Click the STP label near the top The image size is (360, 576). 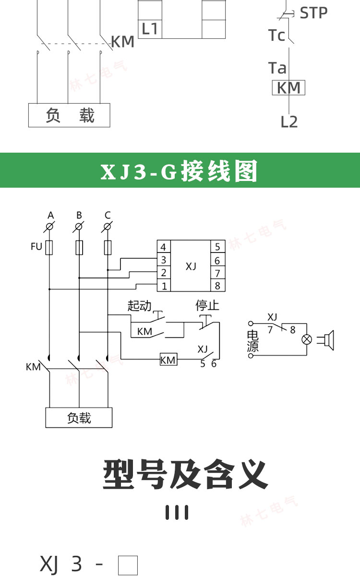click(313, 13)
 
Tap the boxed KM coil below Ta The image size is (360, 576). click(288, 88)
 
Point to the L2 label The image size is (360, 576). click(289, 122)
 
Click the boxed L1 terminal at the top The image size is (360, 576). click(150, 29)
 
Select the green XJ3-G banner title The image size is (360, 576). click(180, 171)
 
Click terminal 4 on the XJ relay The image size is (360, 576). click(164, 247)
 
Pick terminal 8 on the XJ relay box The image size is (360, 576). click(217, 286)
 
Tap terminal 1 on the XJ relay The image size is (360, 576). click(164, 286)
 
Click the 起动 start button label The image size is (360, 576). click(139, 306)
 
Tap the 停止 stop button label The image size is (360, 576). click(207, 306)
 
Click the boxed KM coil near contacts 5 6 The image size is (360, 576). click(168, 360)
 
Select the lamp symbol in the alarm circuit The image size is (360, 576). click(306, 340)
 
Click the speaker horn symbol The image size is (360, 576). click(328, 340)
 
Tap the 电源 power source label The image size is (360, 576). click(252, 341)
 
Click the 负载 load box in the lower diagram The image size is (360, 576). click(79, 418)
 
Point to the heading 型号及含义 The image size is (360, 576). click(185, 474)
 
